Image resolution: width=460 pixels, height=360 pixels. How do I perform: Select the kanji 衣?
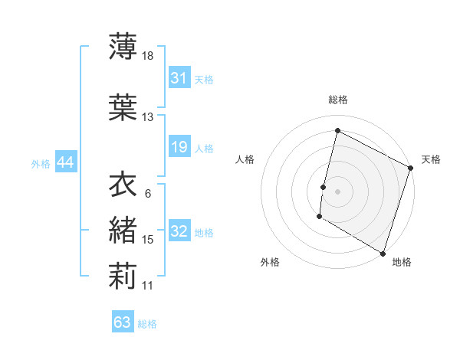pos(123,184)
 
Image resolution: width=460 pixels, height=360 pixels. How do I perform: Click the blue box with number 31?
pos(179,78)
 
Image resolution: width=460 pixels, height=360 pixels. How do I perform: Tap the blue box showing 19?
pos(179,147)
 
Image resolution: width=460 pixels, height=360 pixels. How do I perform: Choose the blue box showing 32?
pos(179,231)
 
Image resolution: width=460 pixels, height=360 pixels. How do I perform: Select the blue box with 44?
pos(65,162)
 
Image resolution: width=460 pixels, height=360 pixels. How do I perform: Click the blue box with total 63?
pos(123,322)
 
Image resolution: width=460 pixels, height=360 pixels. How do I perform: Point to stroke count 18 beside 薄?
pos(149,56)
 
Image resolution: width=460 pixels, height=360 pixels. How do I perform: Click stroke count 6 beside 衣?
pos(147,194)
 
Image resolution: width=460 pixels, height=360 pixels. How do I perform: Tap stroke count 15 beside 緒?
pos(148,240)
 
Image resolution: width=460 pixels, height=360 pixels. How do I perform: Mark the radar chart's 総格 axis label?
pos(337,100)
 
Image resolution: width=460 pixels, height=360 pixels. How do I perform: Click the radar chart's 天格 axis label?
pos(431,159)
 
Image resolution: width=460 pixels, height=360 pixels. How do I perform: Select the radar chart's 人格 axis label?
pos(245,159)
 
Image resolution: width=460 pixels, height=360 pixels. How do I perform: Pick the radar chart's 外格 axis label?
pos(270,262)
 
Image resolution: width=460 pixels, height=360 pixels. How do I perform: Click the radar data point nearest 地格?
pos(383,253)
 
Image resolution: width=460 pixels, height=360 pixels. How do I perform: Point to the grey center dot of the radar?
pos(337,191)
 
